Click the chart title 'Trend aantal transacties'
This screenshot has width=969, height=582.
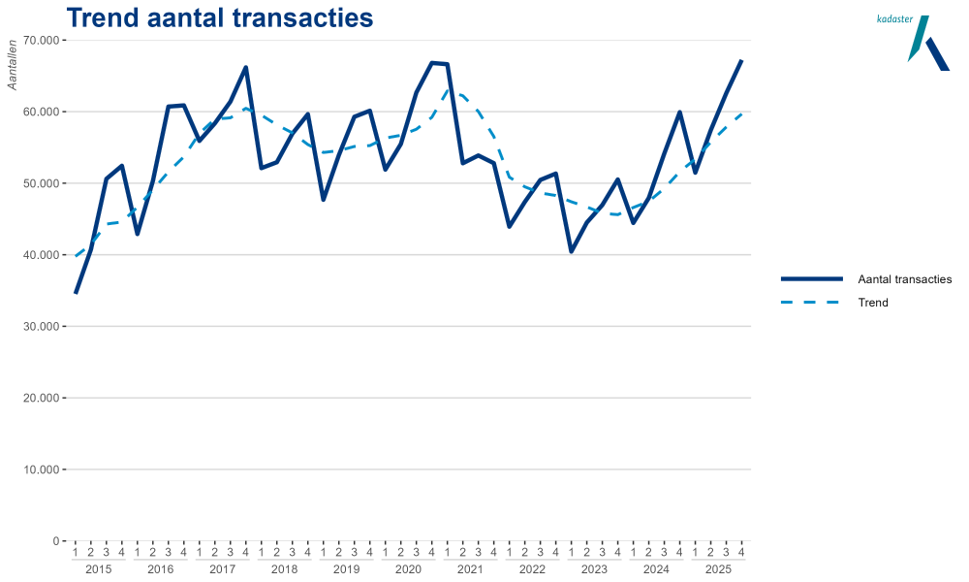pos(219,18)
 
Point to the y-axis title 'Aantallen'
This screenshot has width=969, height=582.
pos(13,64)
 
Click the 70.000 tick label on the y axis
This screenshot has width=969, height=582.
pos(42,41)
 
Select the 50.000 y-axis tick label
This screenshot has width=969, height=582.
pos(42,183)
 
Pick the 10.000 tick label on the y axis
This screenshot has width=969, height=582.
pos(42,469)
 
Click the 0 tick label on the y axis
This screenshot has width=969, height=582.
pos(56,541)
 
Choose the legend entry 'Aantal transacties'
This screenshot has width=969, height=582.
pos(904,279)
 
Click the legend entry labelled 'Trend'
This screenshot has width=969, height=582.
pos(872,303)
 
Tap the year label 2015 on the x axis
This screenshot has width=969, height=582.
pos(98,568)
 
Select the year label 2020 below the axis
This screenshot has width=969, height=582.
pos(408,568)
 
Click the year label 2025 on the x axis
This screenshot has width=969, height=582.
pos(718,568)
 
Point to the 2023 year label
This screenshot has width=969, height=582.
pos(594,568)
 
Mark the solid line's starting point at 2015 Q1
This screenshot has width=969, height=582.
pos(76,293)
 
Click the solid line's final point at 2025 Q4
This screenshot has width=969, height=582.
pos(741,60)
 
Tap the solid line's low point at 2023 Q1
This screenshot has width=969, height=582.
pos(571,252)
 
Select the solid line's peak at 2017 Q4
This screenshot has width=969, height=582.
pos(246,67)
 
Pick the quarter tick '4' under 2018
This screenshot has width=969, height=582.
pos(307,553)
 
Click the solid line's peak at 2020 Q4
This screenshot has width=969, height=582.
pos(431,62)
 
